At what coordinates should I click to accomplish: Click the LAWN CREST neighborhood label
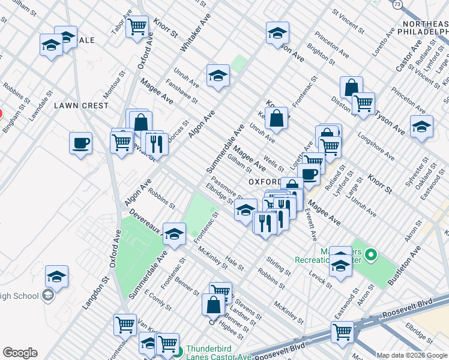(82, 106)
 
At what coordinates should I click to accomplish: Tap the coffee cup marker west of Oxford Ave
(80, 143)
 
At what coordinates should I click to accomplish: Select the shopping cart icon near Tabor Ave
(137, 26)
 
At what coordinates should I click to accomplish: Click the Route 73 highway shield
(397, 5)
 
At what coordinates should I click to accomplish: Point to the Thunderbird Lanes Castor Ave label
(225, 349)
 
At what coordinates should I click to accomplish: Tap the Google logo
(20, 353)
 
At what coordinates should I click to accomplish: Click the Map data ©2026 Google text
(412, 355)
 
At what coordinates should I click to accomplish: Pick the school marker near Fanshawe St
(218, 76)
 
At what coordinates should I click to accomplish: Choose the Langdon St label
(95, 290)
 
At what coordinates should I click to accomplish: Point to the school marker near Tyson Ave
(421, 127)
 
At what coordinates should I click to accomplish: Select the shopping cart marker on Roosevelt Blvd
(342, 332)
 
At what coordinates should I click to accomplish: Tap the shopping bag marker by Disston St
(351, 88)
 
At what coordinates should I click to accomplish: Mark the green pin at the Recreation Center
(371, 256)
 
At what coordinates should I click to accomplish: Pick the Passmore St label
(226, 191)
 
